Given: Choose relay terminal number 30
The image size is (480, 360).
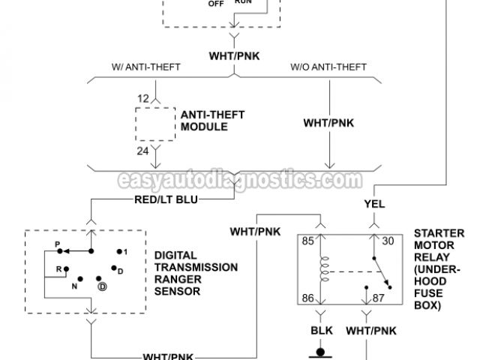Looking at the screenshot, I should (387, 241).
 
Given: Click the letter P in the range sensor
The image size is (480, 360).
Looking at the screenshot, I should (57, 244).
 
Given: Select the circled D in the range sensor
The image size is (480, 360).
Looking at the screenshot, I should (101, 286).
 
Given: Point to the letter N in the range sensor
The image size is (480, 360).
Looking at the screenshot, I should (75, 286).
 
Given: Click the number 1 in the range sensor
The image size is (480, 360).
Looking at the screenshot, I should (126, 251).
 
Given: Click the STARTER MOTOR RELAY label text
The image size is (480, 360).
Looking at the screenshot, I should (438, 269).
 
